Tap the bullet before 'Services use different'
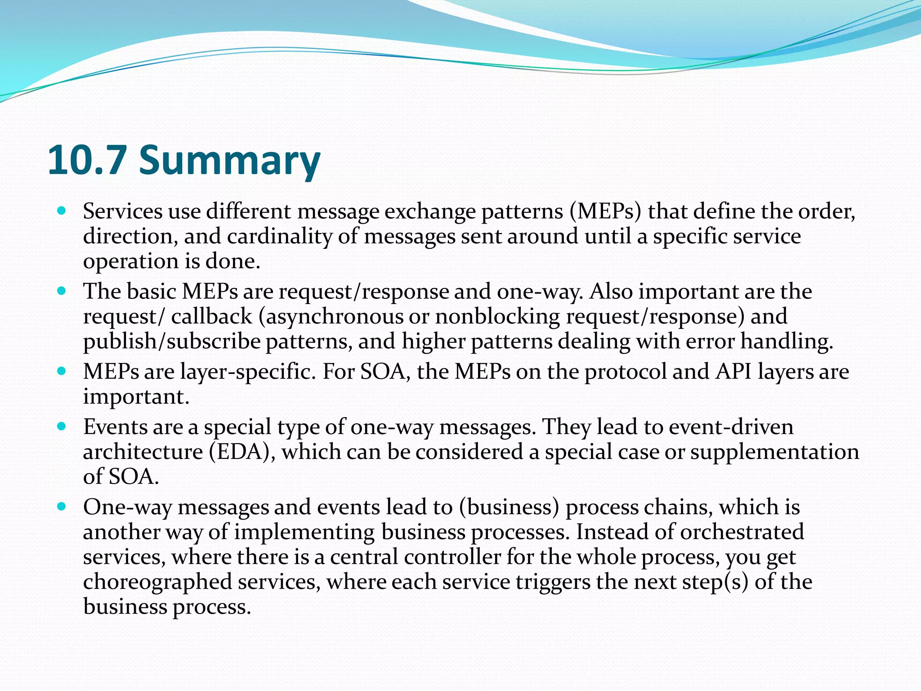click(62, 210)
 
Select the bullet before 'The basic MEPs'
click(62, 290)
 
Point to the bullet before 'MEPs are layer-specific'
click(62, 371)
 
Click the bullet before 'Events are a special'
click(62, 426)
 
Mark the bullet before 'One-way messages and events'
click(62, 506)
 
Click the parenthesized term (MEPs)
click(605, 211)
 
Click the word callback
click(211, 316)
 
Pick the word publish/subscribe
click(172, 341)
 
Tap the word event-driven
click(731, 426)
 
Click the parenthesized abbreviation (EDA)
click(242, 452)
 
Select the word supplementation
click(774, 452)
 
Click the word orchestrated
click(742, 532)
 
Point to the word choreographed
click(157, 582)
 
